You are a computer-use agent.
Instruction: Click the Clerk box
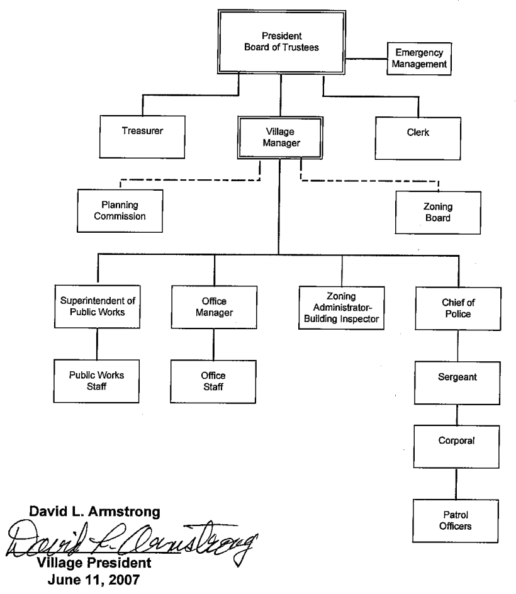point(414,133)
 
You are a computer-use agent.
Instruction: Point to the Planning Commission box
point(120,211)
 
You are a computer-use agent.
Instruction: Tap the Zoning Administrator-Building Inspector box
point(341,306)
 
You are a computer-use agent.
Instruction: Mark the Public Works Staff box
point(97,379)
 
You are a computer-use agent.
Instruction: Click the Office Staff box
point(213,380)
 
